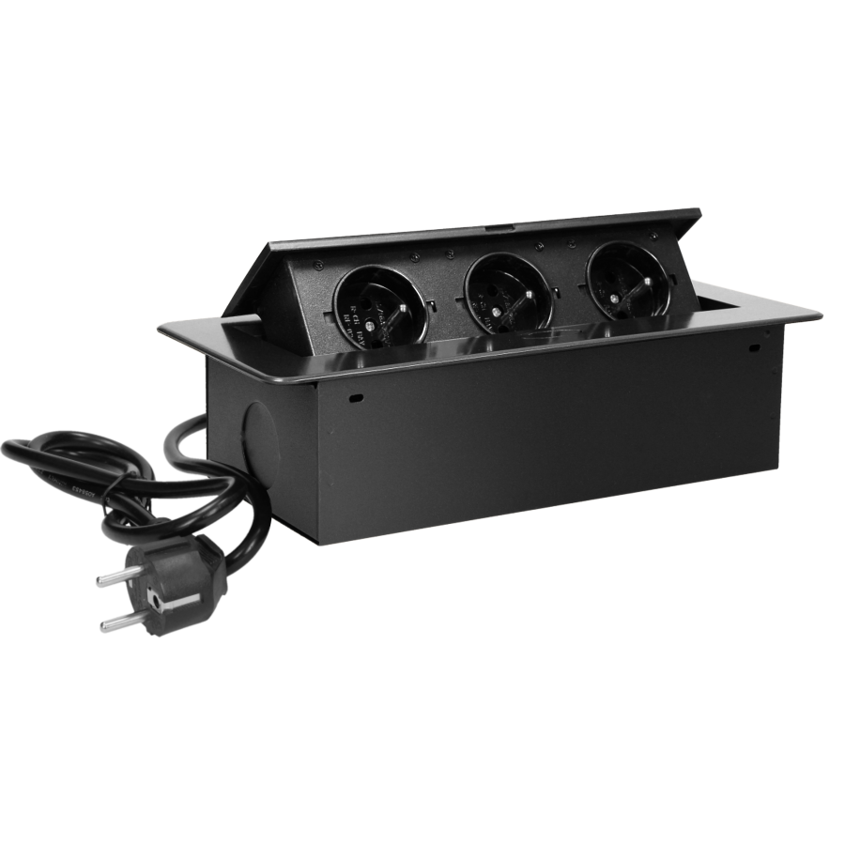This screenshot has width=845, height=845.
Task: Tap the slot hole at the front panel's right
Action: click(x=755, y=349)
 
